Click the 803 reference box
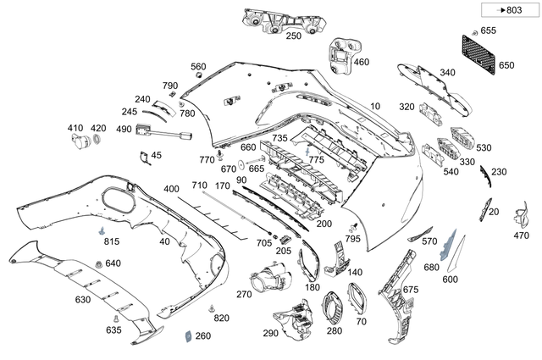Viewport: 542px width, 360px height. click(507, 10)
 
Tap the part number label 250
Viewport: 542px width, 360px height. click(293, 36)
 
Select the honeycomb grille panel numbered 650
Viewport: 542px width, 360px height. click(479, 52)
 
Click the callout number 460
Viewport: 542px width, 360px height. click(362, 62)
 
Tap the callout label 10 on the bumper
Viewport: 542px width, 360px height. click(375, 106)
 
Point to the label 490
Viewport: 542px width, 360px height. click(124, 129)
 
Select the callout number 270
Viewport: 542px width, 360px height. click(245, 294)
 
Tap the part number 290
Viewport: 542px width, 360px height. click(270, 334)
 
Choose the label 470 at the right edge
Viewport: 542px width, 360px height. click(520, 236)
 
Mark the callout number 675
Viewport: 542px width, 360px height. click(410, 290)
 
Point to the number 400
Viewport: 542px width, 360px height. click(172, 188)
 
